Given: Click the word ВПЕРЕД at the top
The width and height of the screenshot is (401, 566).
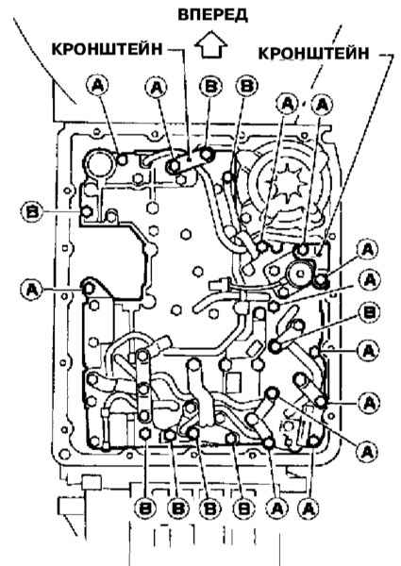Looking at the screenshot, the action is point(212,14).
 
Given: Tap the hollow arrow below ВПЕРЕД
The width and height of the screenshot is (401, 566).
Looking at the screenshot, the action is point(211,44).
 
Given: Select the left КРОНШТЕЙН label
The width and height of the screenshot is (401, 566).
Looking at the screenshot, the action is point(108,49).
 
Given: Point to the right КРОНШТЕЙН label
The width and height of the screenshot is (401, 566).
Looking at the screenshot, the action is point(313,53).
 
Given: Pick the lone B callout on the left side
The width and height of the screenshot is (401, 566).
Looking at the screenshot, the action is point(32,211).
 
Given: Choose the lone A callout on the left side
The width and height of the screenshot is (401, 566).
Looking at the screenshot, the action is point(32,289).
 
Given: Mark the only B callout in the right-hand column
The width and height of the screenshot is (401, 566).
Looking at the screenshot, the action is point(369,312).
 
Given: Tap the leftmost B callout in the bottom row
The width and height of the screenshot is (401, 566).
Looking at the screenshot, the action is point(146,508).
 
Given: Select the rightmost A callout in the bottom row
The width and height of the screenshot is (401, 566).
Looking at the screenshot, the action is point(309,508).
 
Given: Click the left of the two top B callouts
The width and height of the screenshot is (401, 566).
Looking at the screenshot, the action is point(211,86).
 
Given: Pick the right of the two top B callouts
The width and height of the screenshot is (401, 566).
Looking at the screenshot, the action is point(247,86).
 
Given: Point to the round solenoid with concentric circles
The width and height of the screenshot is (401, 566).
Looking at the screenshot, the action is point(299,274).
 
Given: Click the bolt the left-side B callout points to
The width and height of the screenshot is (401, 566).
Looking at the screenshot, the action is point(88,212).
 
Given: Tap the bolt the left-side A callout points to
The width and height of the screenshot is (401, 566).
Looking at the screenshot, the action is point(89,289).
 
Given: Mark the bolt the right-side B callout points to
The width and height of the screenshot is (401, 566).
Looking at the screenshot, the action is point(276,346).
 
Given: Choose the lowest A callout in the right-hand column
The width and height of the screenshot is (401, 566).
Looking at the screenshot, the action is point(368,451).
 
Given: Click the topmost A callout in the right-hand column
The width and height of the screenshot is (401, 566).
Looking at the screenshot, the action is point(367,250).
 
